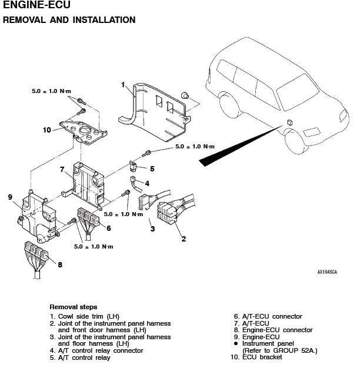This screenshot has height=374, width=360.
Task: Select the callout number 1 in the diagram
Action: (x=123, y=85)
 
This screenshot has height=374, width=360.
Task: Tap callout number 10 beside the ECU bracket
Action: (x=46, y=130)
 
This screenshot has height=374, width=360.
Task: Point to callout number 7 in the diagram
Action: (x=62, y=170)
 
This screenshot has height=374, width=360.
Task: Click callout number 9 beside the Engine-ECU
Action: (x=10, y=197)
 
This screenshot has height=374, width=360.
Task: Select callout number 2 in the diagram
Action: (x=184, y=239)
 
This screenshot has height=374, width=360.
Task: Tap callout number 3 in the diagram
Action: (x=152, y=229)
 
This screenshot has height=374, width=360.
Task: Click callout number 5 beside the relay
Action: (x=152, y=168)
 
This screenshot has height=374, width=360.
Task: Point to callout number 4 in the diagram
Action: (x=147, y=184)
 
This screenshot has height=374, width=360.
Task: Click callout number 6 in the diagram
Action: (x=108, y=228)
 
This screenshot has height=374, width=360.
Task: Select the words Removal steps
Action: (x=73, y=307)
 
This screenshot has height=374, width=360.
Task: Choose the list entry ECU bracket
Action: (x=262, y=357)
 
